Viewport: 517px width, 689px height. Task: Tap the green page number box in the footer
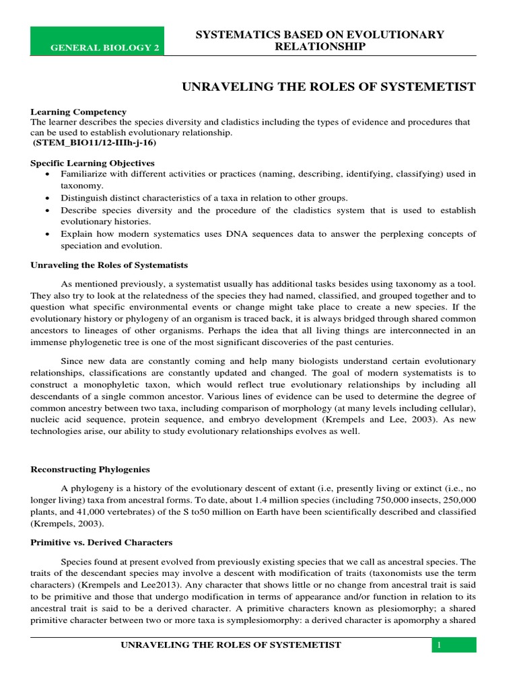click(454, 645)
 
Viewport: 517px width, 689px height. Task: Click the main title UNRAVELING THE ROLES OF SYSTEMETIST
click(330, 87)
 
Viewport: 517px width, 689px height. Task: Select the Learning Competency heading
click(79, 112)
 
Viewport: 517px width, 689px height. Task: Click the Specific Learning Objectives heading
click(93, 164)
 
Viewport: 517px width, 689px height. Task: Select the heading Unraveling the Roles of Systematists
click(109, 265)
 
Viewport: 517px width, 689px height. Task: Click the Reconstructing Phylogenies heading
click(90, 469)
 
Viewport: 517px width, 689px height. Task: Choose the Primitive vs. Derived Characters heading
click(102, 542)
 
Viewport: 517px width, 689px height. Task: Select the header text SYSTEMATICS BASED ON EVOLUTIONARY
click(320, 34)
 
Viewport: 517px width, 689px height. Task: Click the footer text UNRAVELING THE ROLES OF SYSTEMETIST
click(230, 645)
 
